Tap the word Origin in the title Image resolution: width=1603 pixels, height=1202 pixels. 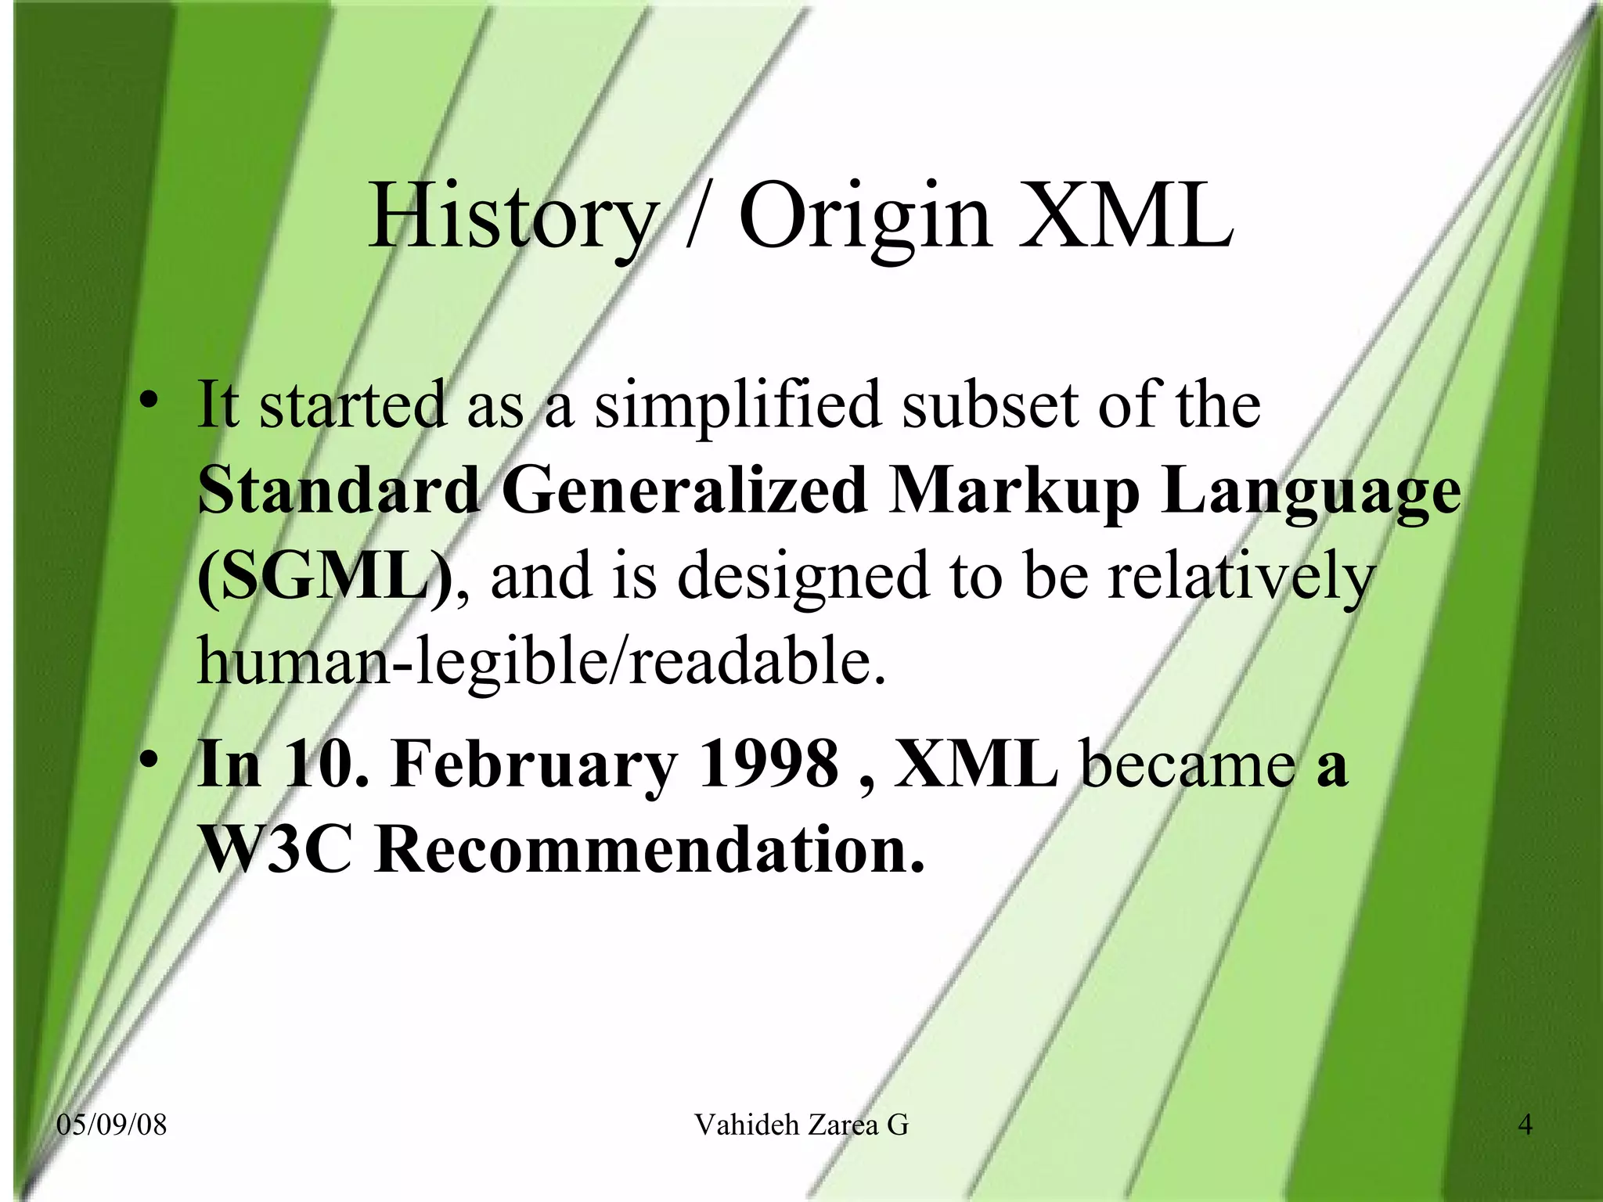[865, 215]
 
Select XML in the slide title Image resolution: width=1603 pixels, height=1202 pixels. [1126, 215]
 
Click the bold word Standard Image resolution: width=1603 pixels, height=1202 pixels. [338, 491]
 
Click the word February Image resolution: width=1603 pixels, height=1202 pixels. [534, 764]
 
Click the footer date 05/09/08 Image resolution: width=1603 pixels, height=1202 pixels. [112, 1125]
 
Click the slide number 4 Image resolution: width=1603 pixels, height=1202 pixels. [1525, 1125]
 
